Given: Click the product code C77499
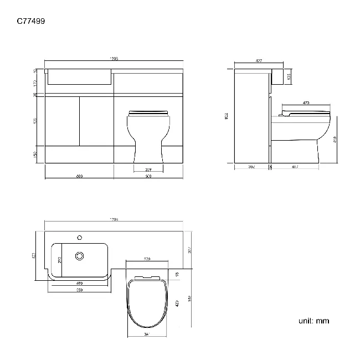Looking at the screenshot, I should click(32, 22).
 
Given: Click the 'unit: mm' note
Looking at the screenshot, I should click(313, 321).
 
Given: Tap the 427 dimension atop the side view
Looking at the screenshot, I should click(259, 60).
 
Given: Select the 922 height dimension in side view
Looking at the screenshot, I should click(226, 116).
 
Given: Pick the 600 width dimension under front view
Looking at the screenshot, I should click(79, 176).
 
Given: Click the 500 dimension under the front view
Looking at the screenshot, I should click(148, 176).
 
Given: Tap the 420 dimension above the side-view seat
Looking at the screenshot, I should click(306, 102).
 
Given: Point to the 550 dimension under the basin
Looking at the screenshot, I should click(80, 291).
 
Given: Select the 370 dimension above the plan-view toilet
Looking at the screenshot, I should click(148, 259).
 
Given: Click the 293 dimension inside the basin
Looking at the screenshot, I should click(60, 256).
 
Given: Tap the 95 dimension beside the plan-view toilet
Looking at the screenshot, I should click(177, 273).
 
